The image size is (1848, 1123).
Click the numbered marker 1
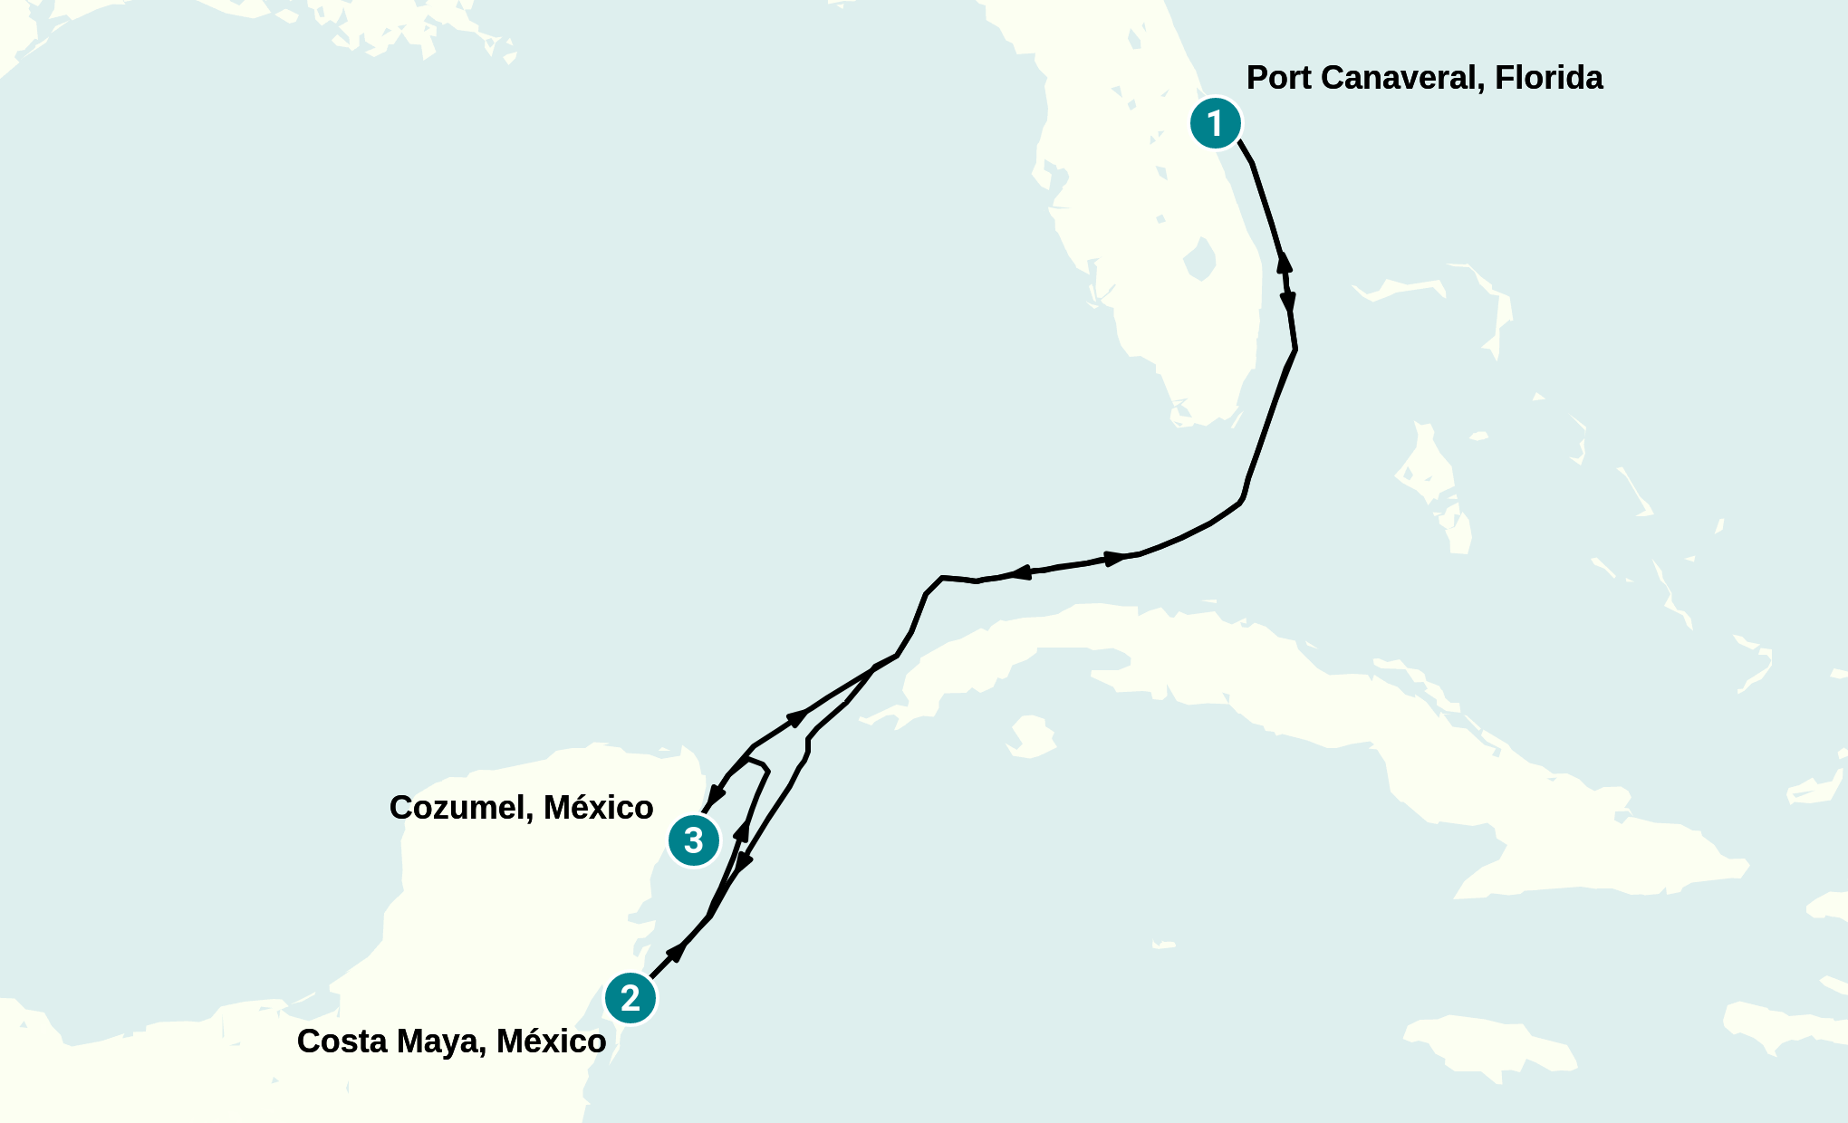[1215, 123]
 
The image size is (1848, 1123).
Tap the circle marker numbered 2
[630, 998]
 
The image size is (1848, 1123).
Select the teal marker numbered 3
[694, 840]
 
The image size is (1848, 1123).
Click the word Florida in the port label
[1548, 78]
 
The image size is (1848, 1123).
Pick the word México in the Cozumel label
[599, 808]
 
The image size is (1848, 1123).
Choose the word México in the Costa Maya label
[552, 1041]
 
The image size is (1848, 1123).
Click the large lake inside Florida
[1199, 260]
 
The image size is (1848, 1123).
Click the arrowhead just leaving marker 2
[676, 951]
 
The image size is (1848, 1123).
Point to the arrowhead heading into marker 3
[716, 795]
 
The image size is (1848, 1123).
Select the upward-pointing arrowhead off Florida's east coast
[1284, 262]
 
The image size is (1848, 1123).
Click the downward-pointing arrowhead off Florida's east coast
[1288, 302]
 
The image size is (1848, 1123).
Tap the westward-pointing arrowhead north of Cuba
[1020, 572]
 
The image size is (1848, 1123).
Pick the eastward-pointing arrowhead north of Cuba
[1115, 558]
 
